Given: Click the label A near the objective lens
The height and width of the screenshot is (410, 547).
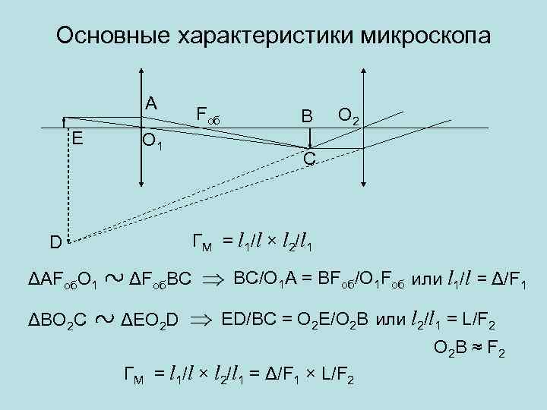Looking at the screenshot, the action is (152, 102).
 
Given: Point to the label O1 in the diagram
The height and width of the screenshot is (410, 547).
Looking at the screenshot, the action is (152, 140).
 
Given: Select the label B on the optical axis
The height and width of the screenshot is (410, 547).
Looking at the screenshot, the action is (306, 116).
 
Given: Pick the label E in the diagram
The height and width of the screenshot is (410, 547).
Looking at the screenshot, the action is (77, 137).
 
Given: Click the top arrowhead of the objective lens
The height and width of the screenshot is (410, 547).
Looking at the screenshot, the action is (141, 74).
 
